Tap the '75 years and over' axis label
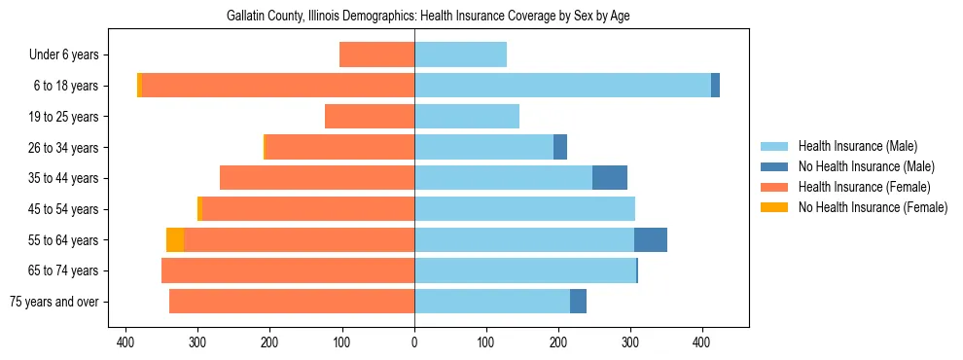point(54,302)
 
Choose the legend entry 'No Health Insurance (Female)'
point(873,206)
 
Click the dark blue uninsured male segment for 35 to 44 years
point(610,178)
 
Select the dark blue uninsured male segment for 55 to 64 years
point(651,239)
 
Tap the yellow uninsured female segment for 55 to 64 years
point(175,239)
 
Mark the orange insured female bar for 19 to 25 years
point(370,117)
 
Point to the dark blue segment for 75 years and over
point(578,302)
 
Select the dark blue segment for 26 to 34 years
point(560,147)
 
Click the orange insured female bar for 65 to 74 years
point(288,270)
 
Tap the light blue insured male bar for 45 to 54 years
point(525,209)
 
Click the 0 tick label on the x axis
point(414,342)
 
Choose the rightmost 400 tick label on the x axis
point(702,342)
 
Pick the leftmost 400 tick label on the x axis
point(125,342)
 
